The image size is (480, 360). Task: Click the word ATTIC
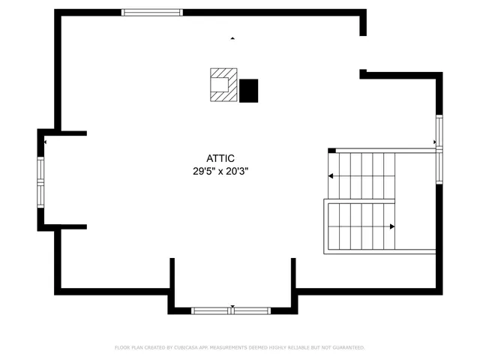[x=220, y=158]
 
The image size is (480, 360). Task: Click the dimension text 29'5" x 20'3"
[x=220, y=171]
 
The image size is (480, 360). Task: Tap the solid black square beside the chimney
[x=248, y=91]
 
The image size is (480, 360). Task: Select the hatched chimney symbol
[x=223, y=85]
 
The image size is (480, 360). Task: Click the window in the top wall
[x=152, y=12]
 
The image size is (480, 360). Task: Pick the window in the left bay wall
[x=41, y=180]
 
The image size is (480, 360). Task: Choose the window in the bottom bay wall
[x=232, y=310]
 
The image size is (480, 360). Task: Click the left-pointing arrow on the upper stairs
[x=331, y=176]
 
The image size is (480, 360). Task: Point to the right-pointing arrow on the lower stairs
[x=391, y=226]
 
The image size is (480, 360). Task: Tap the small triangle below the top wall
[x=232, y=37]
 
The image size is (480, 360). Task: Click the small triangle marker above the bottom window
[x=232, y=306]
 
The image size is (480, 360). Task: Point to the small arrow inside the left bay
[x=45, y=142]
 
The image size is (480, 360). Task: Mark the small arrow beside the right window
[x=434, y=142]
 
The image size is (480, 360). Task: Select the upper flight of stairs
[x=362, y=175]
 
